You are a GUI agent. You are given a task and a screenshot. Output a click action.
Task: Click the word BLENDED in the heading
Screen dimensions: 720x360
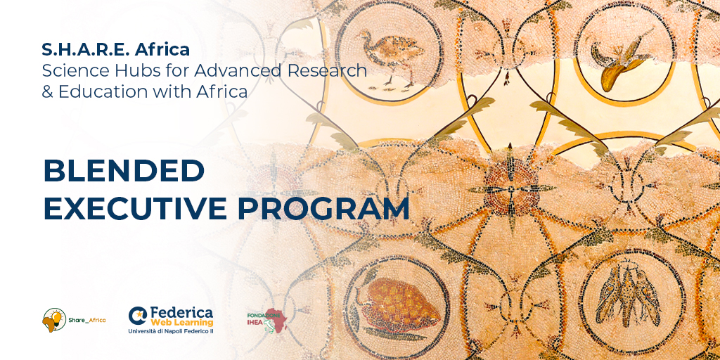point(124,171)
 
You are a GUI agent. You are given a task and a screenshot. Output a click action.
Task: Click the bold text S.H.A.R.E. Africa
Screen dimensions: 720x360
point(116,49)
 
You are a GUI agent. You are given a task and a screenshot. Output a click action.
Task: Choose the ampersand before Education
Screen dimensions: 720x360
point(47,92)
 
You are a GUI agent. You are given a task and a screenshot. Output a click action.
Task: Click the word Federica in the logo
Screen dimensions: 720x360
point(181,313)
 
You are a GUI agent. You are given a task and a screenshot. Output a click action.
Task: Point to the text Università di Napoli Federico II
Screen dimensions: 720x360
point(171,331)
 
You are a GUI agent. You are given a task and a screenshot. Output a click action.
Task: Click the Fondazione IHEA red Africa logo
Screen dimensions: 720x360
point(267,320)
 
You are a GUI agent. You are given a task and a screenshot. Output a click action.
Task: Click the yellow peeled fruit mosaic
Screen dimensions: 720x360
point(620,60)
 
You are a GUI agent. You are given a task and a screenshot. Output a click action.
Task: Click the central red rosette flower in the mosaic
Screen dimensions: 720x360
point(510,188)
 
